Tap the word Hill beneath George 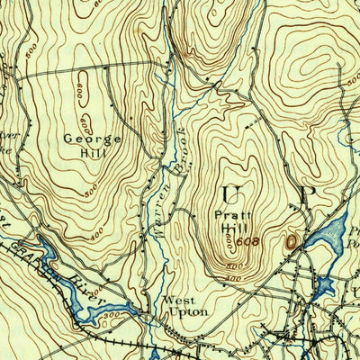pos(83,153)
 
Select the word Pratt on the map pos(229,215)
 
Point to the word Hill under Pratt pos(229,228)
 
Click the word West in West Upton pos(176,301)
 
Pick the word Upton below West pos(185,312)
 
